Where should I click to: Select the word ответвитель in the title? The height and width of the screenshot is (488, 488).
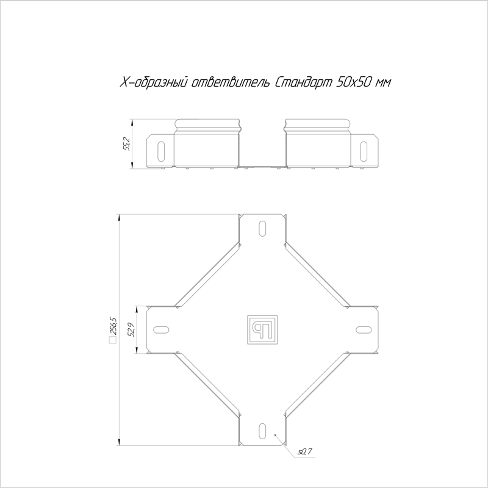click(231, 83)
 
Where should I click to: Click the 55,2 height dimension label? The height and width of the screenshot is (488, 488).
click(127, 144)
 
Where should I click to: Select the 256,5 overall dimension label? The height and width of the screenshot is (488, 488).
click(113, 326)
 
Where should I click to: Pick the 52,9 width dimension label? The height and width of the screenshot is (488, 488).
click(131, 330)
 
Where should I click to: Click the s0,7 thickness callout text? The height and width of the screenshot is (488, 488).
click(304, 452)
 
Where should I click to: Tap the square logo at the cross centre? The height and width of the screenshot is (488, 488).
click(262, 330)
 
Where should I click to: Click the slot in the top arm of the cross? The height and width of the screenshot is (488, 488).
click(262, 228)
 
